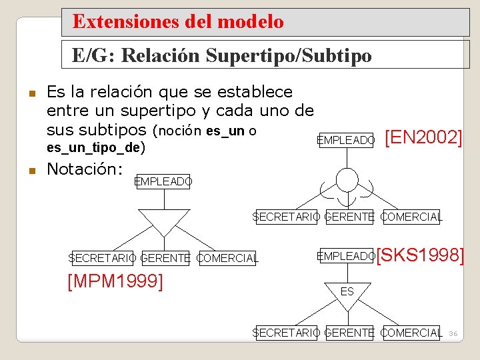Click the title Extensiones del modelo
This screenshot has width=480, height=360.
[x=178, y=22]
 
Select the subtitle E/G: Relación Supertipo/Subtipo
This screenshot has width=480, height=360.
[x=221, y=55]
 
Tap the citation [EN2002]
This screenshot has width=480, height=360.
[x=424, y=138]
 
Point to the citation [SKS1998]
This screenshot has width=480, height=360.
[x=421, y=255]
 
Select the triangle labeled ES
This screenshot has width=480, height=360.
[x=347, y=292]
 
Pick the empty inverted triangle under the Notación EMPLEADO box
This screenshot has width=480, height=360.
[x=163, y=221]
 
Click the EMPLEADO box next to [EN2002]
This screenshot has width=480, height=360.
[x=346, y=140]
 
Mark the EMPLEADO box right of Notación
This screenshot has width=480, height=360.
[x=163, y=181]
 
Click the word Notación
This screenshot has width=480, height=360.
[x=83, y=169]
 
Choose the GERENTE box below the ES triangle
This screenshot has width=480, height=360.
[x=349, y=333]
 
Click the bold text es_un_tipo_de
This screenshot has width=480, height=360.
[x=97, y=147]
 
